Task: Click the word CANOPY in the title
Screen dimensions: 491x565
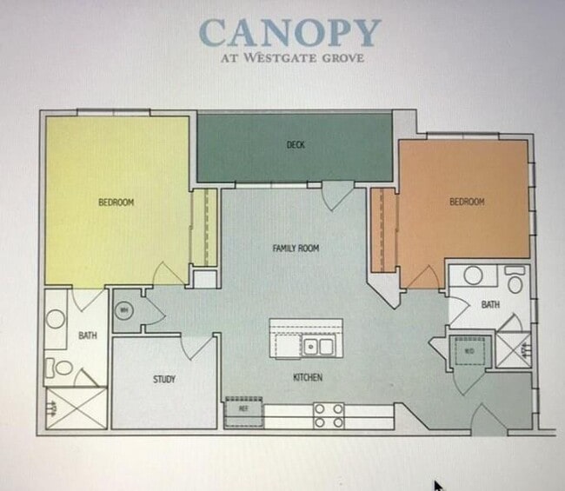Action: pos(289,33)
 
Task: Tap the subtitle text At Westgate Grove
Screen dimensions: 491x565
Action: pos(290,59)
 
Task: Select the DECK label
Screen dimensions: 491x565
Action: pos(296,145)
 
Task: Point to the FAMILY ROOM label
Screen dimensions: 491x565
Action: pos(296,249)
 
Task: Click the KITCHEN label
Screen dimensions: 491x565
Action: pos(308,378)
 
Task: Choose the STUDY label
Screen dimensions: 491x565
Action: pos(164,380)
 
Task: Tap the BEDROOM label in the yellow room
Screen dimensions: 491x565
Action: pos(116,202)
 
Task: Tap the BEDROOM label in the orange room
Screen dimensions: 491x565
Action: pos(467,202)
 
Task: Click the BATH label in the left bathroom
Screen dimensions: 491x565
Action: pos(88,335)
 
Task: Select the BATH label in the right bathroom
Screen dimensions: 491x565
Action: pos(490,305)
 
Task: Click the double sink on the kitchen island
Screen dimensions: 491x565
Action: pos(318,348)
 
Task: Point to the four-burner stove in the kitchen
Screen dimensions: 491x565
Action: pos(329,415)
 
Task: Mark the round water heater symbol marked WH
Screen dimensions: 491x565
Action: pos(125,310)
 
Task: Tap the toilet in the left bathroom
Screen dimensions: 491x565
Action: pos(60,368)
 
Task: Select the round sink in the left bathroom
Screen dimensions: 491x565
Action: pos(56,318)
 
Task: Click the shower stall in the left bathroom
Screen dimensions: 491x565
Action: pos(76,408)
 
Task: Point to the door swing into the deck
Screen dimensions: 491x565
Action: pos(336,196)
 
